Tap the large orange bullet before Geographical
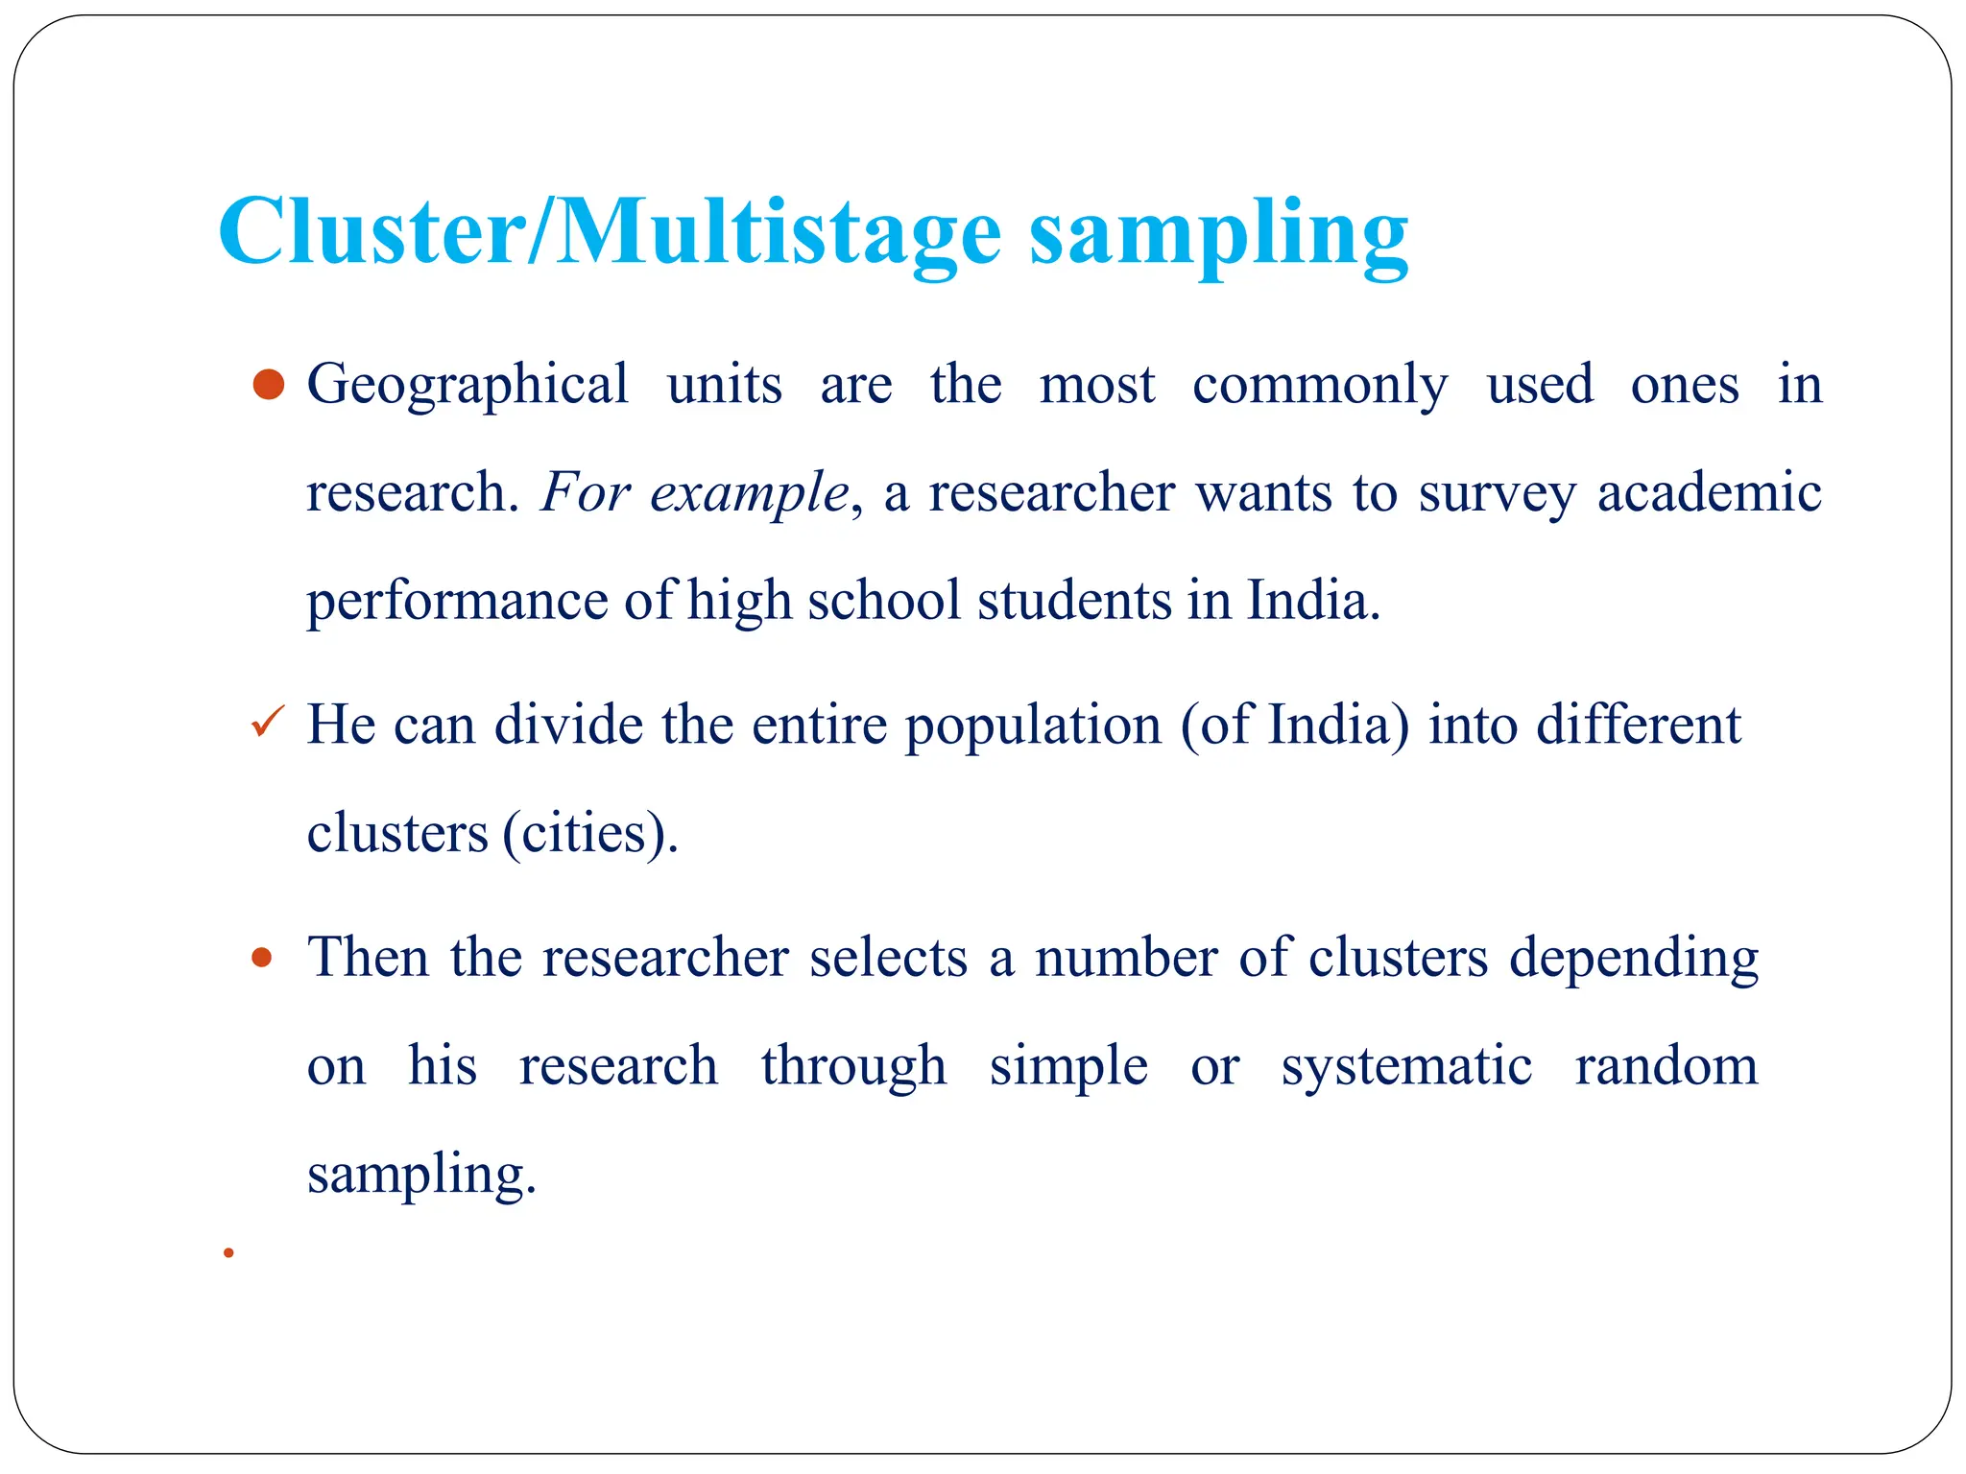269,384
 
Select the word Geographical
468,386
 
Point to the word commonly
1320,386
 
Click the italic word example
749,494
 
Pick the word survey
1497,494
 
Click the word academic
1709,492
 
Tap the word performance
457,603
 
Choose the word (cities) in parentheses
589,833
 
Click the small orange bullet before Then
261,957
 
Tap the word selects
888,958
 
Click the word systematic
1406,1067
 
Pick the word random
1666,1065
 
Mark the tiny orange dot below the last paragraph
228,1252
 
